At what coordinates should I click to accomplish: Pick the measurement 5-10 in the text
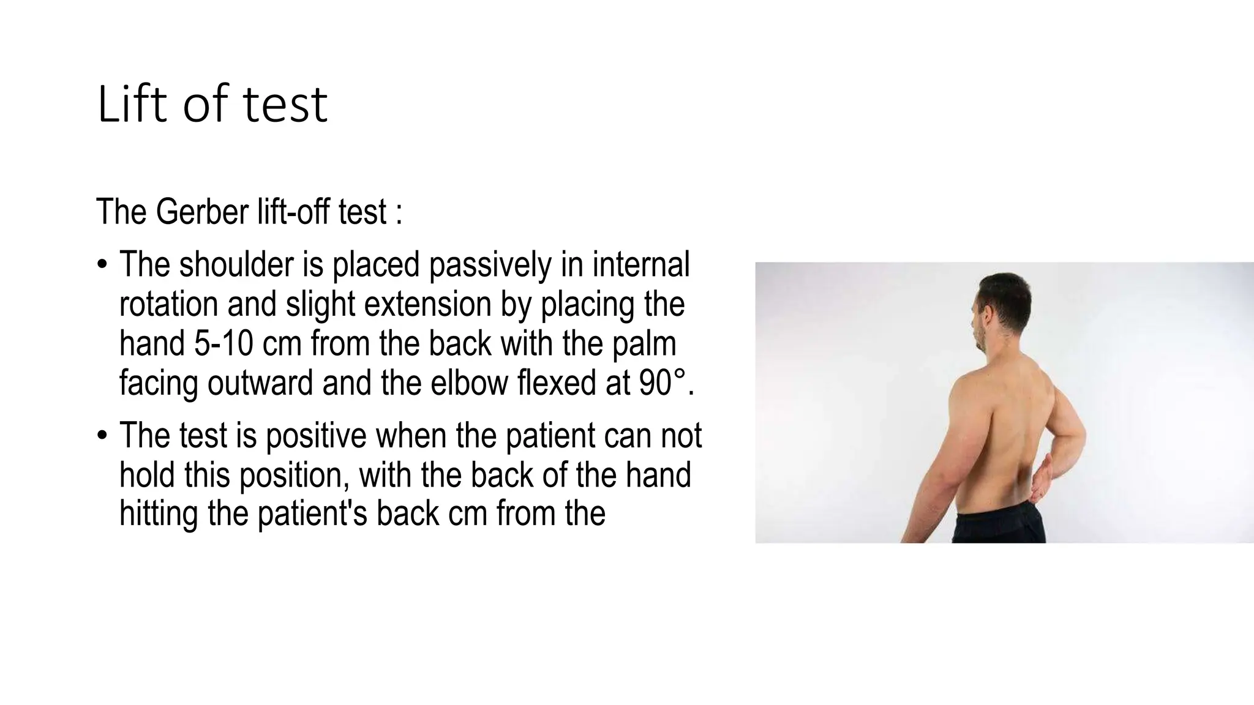point(223,343)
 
